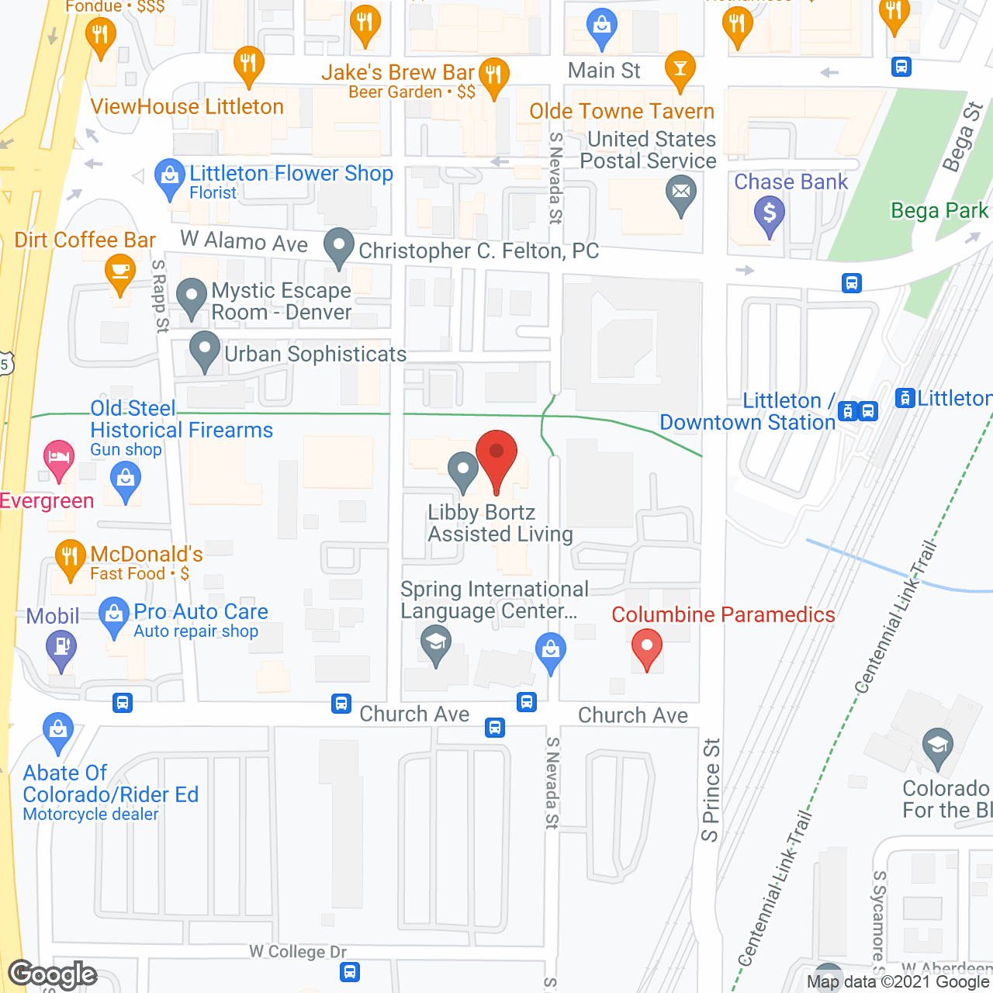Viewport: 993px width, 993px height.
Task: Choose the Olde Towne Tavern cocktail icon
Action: pyautogui.click(x=680, y=68)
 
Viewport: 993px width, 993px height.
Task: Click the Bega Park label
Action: pyautogui.click(x=939, y=211)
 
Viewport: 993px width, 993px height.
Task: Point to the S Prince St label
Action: pyautogui.click(x=711, y=790)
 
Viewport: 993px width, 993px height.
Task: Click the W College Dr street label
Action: pyautogui.click(x=298, y=952)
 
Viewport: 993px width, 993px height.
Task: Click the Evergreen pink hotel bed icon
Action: pyautogui.click(x=58, y=457)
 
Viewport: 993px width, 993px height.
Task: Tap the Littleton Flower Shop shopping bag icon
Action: pyautogui.click(x=169, y=175)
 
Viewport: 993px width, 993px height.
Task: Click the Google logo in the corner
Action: pyautogui.click(x=53, y=974)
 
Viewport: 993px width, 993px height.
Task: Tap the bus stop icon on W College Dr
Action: pyautogui.click(x=350, y=971)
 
